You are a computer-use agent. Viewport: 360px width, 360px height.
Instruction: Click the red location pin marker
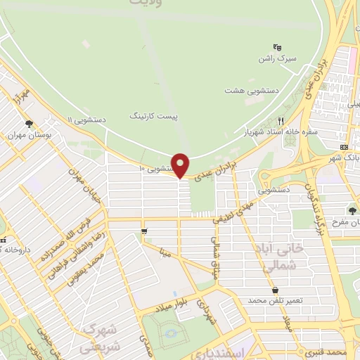pos(181,165)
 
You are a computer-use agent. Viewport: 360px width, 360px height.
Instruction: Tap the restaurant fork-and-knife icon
pos(281,120)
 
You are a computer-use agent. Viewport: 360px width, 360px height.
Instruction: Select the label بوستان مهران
pos(28,134)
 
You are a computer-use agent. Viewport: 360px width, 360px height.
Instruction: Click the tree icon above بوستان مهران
pos(28,123)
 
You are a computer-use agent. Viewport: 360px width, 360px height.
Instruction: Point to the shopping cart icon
pos(144,231)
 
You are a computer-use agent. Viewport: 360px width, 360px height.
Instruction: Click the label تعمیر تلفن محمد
pos(274,300)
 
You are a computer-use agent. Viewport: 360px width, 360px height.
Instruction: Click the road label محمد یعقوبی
pos(84,268)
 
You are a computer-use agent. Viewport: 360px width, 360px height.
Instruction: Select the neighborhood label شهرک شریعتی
pos(98,337)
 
